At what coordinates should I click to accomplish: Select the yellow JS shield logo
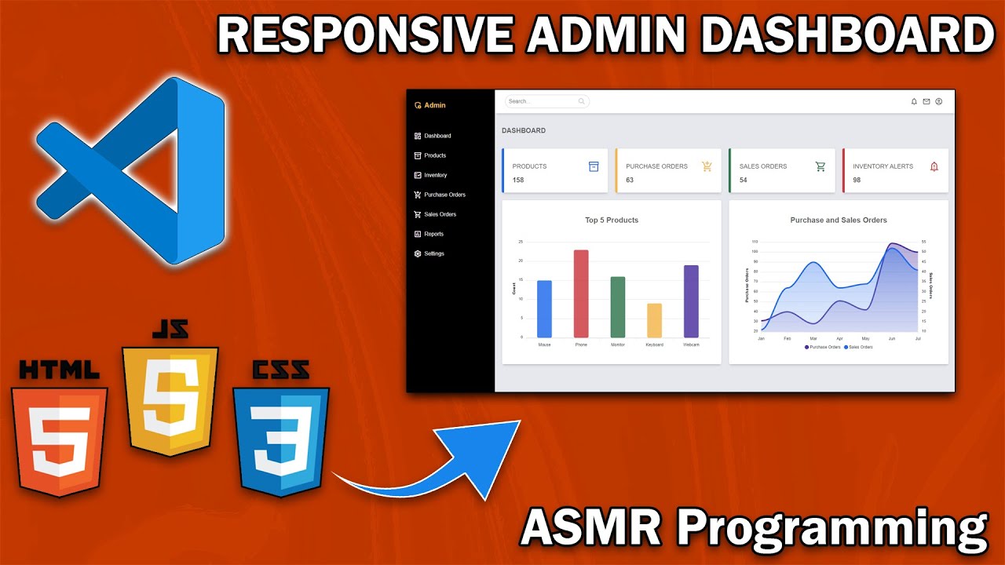coord(170,400)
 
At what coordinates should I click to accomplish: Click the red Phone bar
coord(581,293)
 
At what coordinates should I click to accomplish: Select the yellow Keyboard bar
coord(654,320)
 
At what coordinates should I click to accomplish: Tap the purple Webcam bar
coord(691,301)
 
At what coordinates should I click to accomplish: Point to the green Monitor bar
coord(618,307)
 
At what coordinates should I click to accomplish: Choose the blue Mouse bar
coord(544,308)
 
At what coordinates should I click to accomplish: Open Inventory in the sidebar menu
coord(435,175)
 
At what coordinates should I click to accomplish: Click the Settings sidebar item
coord(433,253)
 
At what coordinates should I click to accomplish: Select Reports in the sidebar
coord(433,234)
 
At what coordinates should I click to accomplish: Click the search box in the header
coord(542,101)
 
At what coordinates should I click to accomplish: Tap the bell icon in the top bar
coord(914,101)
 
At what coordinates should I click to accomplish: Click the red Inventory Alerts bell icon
coord(934,166)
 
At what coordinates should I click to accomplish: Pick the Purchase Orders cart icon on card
coord(707,166)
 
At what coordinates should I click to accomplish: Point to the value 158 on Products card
coord(518,180)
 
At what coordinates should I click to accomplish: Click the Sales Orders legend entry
coord(858,347)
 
